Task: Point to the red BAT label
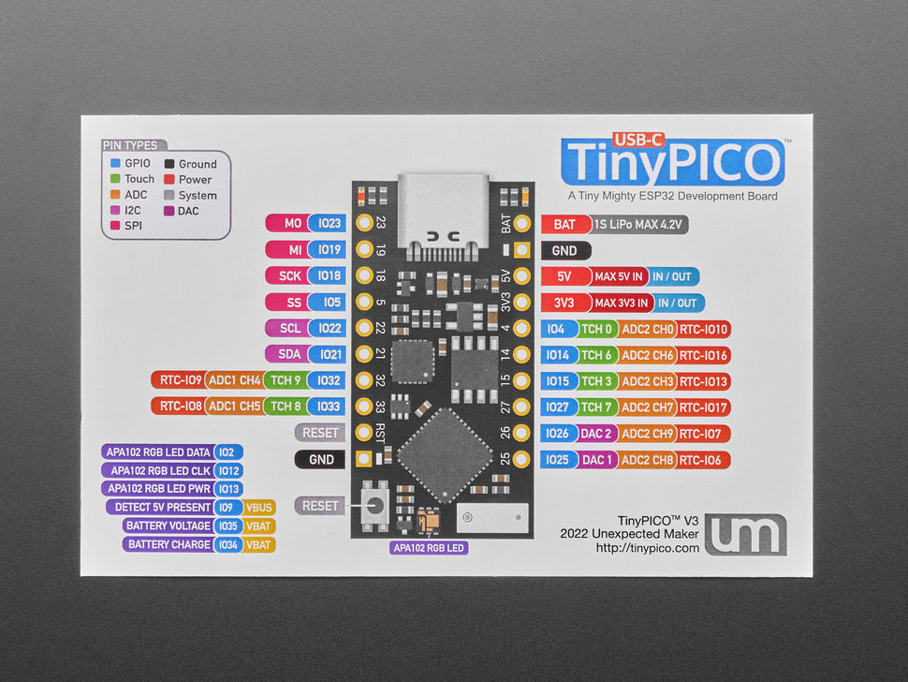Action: [x=564, y=225]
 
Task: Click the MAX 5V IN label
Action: [x=619, y=277]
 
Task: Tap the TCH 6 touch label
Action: [x=596, y=356]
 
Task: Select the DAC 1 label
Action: [x=596, y=460]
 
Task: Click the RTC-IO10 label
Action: [x=704, y=330]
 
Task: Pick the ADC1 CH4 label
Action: [x=234, y=380]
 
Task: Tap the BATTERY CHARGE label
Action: [x=168, y=544]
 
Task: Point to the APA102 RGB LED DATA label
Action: [x=158, y=452]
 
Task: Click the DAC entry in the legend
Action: [x=188, y=211]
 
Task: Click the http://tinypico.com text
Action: [x=648, y=548]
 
